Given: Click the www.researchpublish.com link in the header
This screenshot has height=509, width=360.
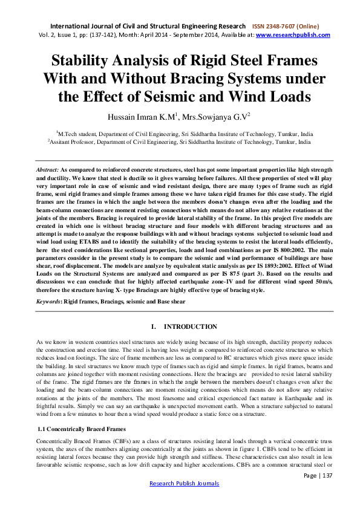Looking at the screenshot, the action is (293, 35).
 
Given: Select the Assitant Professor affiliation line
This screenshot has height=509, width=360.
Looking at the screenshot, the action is (180, 141).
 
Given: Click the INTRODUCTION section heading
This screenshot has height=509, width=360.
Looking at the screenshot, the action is (191, 327).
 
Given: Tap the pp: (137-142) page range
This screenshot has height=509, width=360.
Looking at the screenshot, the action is (100, 35).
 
